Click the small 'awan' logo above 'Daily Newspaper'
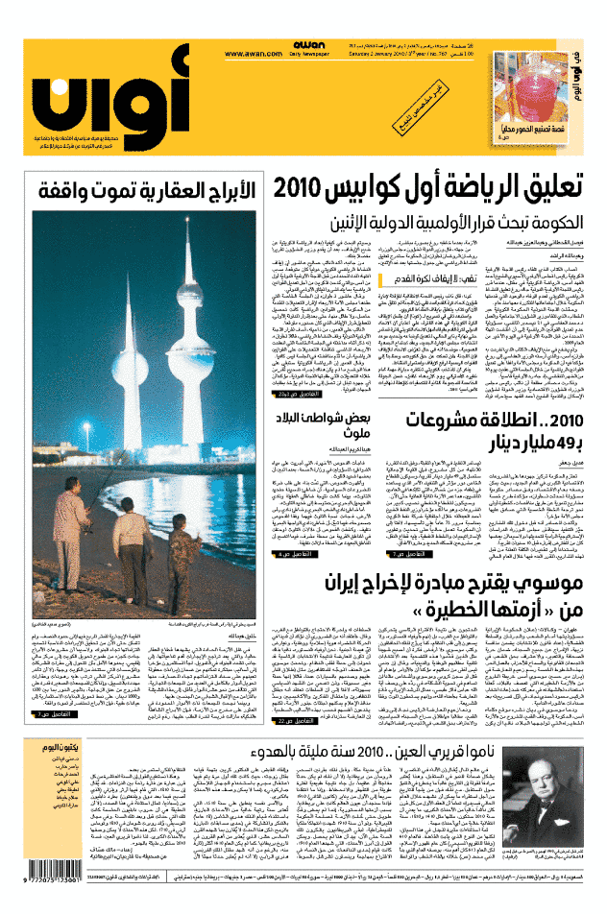pos(308,44)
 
